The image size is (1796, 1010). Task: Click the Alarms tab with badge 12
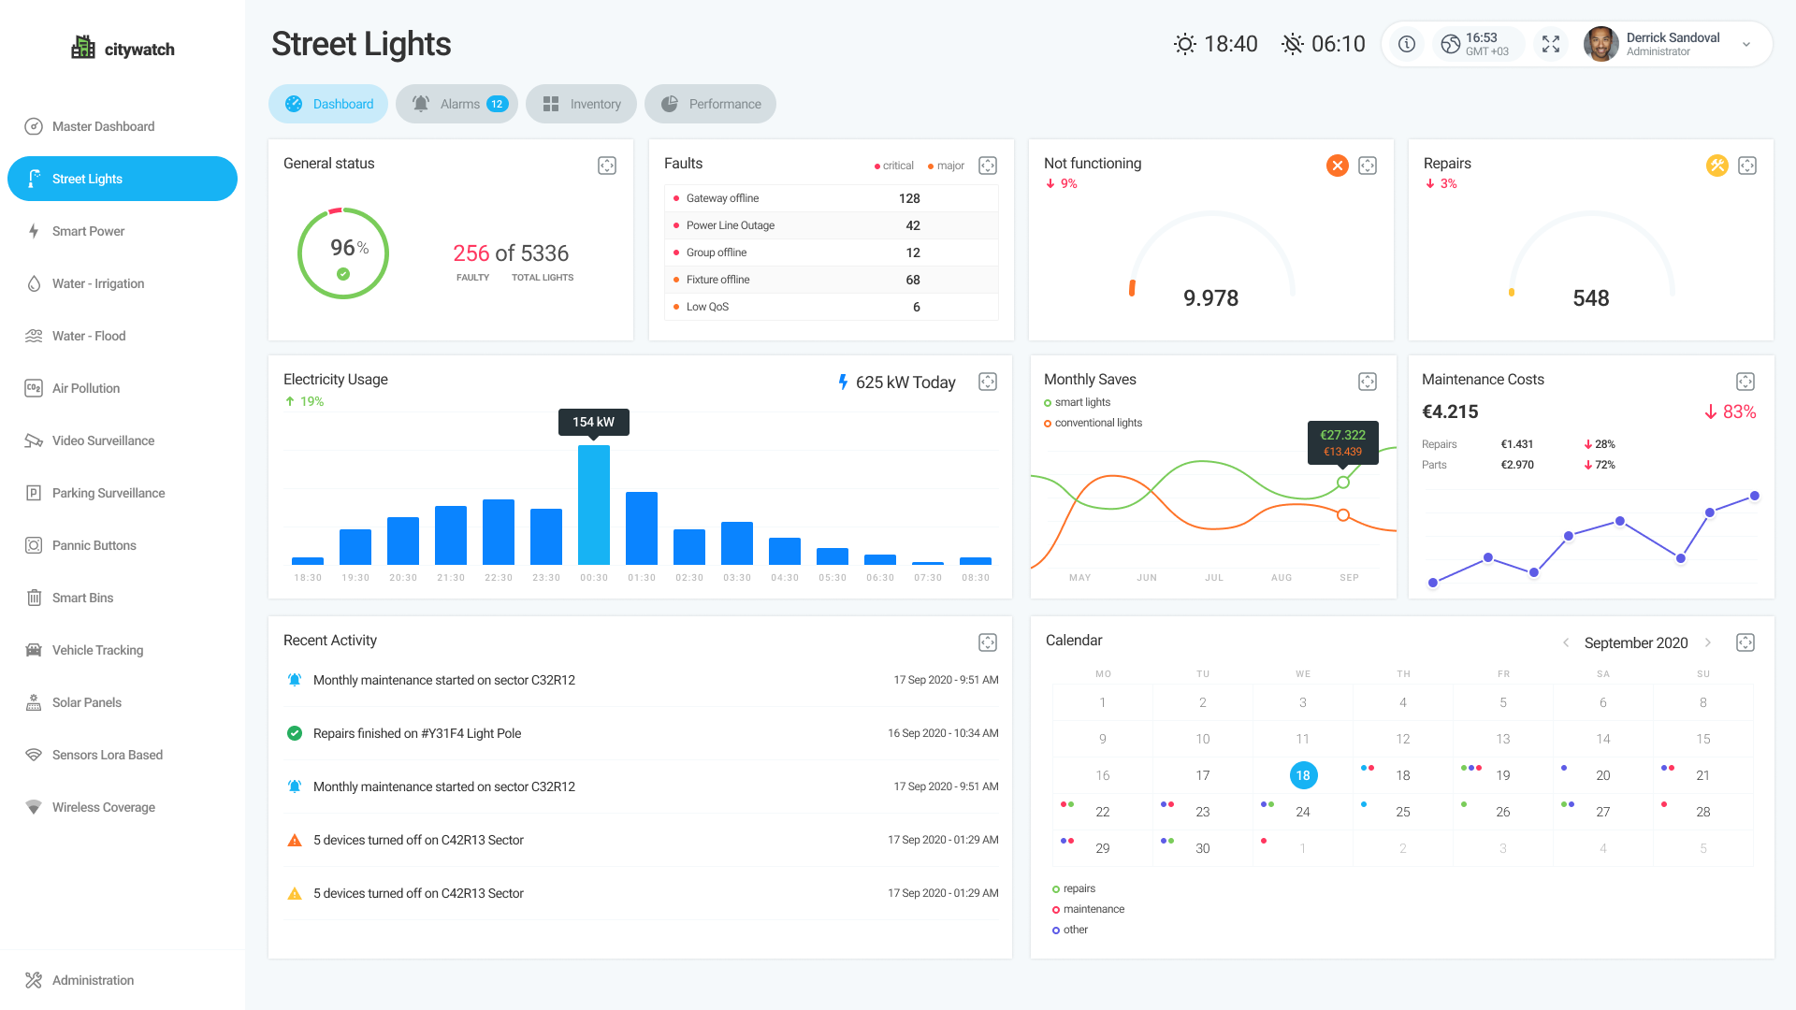tap(456, 104)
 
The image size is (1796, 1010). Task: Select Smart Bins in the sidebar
tap(82, 598)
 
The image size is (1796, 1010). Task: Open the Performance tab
tap(710, 104)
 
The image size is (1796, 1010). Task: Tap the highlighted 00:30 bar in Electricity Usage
tap(594, 505)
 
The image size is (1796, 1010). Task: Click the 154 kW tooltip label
tap(594, 422)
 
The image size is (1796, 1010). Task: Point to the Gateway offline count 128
tap(909, 198)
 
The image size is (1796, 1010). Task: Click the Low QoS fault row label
tap(707, 307)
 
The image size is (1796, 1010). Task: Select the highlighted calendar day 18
tap(1303, 775)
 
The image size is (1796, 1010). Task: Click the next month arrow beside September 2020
tap(1708, 642)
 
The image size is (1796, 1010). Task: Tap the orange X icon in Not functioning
tap(1338, 166)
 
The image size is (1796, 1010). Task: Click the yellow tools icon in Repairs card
tap(1716, 166)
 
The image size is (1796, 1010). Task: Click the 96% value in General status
tap(348, 248)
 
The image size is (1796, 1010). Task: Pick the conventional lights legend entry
tap(1098, 423)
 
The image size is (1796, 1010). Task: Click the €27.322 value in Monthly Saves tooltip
tap(1342, 435)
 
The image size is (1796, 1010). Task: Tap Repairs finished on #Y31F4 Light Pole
tap(417, 733)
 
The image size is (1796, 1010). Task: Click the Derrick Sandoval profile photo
tap(1600, 44)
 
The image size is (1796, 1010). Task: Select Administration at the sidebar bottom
tap(93, 980)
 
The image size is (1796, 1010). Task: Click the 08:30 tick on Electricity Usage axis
tap(976, 578)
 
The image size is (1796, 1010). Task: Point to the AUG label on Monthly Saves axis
tap(1282, 578)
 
